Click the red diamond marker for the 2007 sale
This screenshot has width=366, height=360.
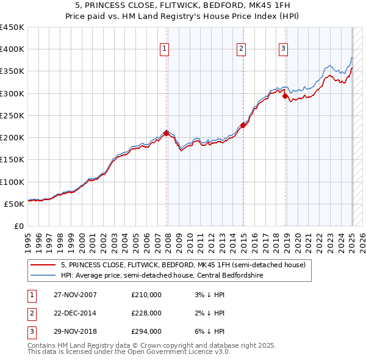click(x=166, y=132)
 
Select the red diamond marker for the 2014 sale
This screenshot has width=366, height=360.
click(x=243, y=125)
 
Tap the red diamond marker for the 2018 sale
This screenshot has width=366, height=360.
click(x=285, y=96)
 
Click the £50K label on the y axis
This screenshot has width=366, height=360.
click(x=15, y=204)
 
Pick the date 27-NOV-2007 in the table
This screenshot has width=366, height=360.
click(x=74, y=295)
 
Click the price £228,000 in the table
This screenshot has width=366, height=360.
click(x=146, y=313)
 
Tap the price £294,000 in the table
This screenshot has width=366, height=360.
click(x=146, y=331)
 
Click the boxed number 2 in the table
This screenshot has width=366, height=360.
click(x=29, y=313)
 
